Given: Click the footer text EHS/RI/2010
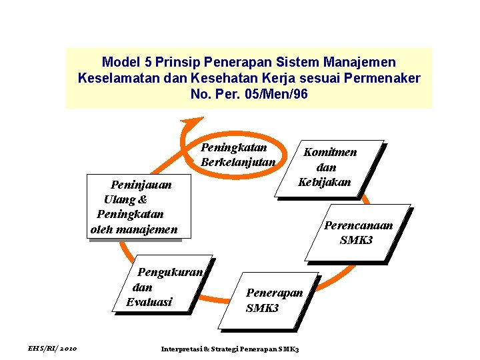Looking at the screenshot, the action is (x=53, y=349).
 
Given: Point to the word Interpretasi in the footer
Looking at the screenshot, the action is (x=181, y=349).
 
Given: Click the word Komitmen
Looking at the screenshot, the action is (x=330, y=152).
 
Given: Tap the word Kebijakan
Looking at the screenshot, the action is (x=325, y=182).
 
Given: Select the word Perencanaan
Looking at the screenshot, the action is (x=359, y=225).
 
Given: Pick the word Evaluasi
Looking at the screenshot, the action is (x=149, y=302).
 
